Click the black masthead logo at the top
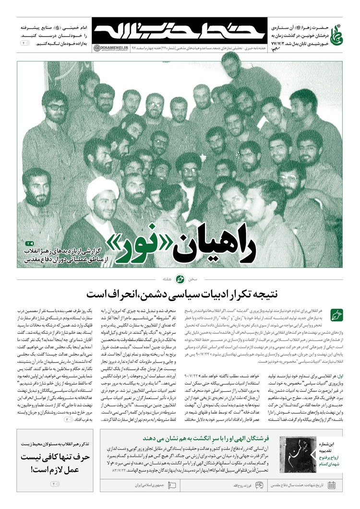pyautogui.click(x=179, y=32)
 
